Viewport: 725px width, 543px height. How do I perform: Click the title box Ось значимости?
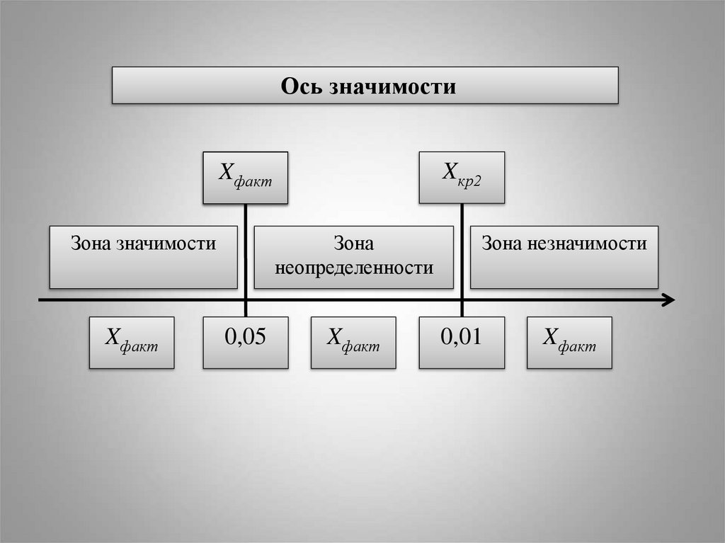(365, 86)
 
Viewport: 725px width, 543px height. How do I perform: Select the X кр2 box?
(462, 178)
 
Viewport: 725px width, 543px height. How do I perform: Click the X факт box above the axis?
(245, 178)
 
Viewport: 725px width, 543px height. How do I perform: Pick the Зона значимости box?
(143, 257)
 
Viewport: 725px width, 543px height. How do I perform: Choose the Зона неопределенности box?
(353, 257)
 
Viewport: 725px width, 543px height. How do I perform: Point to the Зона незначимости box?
(564, 257)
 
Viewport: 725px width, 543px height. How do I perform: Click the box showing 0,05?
(245, 343)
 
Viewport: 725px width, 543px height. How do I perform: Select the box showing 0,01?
(462, 343)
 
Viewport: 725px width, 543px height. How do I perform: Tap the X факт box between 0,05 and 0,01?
(353, 343)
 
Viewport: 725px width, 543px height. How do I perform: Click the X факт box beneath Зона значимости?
(132, 343)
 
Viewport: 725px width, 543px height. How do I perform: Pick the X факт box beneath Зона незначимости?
(569, 343)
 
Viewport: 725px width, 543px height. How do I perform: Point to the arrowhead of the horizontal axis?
(668, 301)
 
